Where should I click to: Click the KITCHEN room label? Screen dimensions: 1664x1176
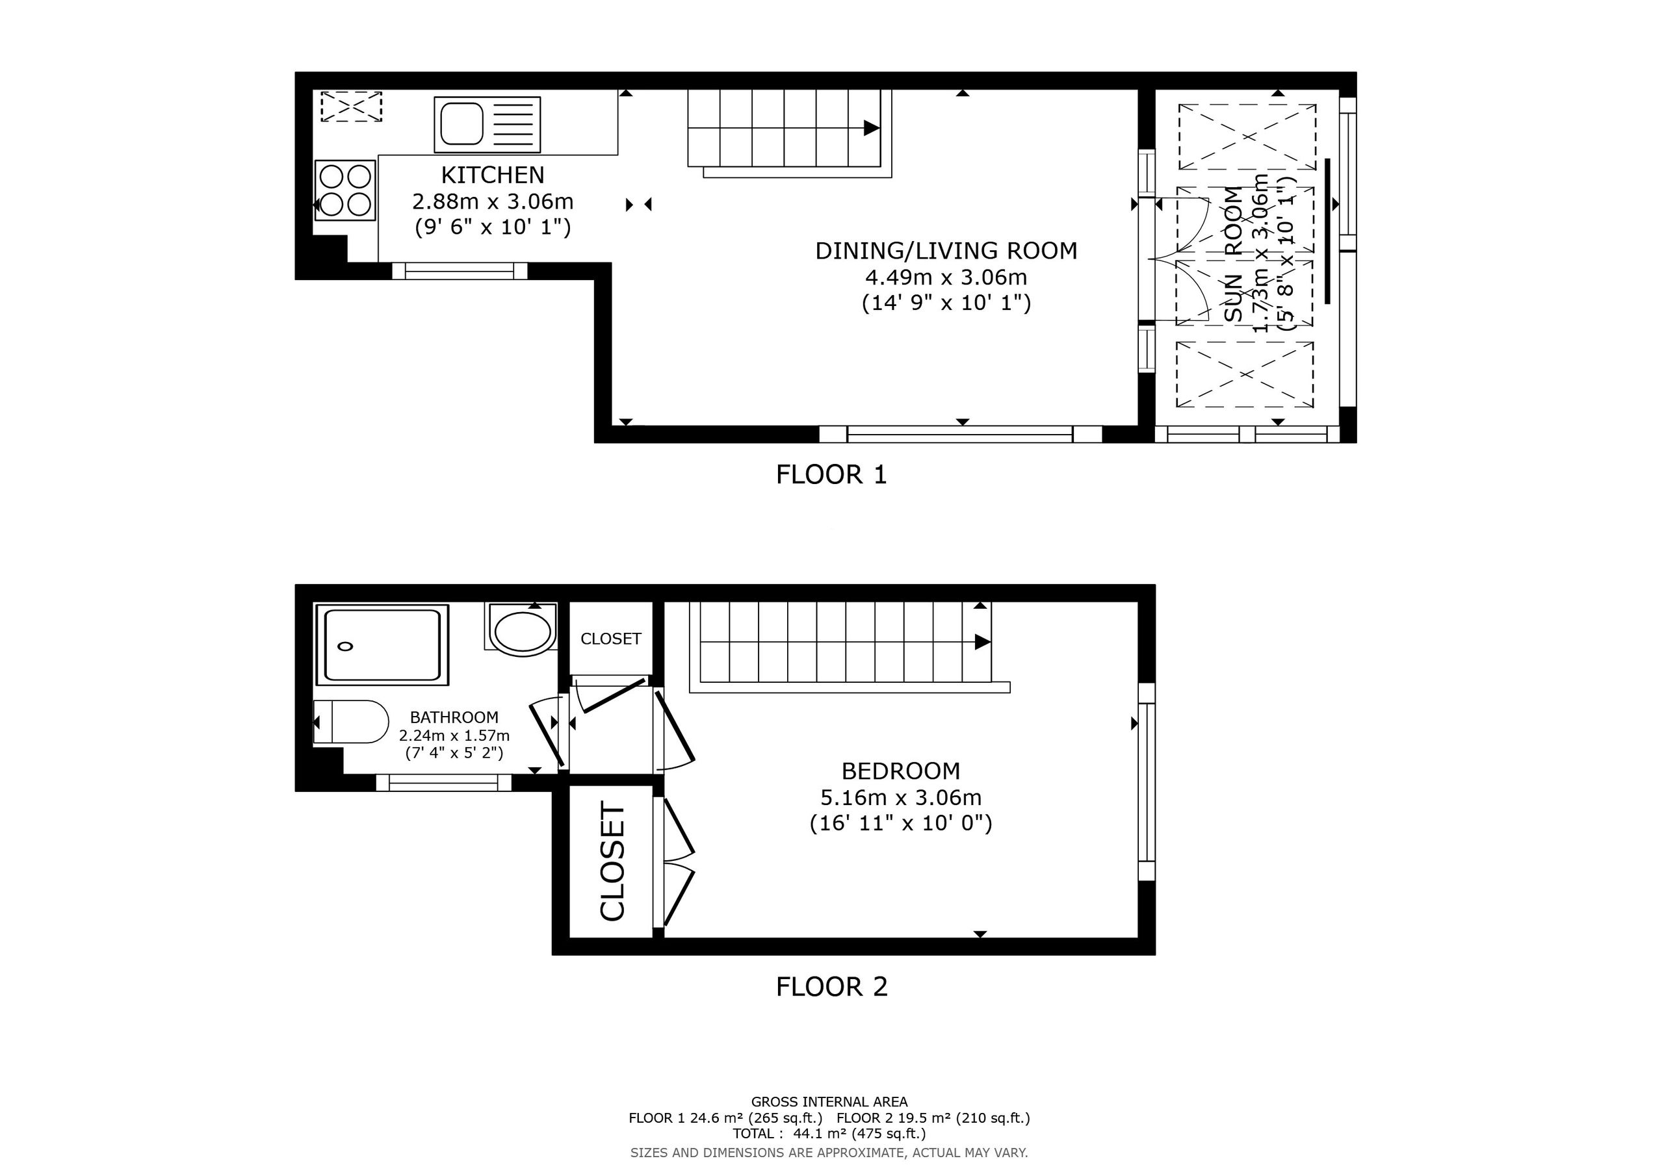coord(492,175)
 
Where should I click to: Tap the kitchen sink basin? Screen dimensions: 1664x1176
coord(460,124)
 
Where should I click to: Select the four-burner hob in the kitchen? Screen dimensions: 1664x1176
coord(345,190)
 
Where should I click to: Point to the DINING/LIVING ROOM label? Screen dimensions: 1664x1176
coord(946,251)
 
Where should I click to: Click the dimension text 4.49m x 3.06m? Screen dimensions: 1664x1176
coord(946,277)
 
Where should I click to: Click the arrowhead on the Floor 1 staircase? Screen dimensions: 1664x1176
coord(871,128)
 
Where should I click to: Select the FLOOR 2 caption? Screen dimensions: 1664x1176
coord(831,986)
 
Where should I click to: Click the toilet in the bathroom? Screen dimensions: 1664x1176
coord(352,722)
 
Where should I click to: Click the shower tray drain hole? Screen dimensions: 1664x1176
coord(346,646)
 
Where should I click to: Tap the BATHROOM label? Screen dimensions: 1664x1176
coord(454,717)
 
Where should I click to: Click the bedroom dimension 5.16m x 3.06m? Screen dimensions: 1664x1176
coord(900,798)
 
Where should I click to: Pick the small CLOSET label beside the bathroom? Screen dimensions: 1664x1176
coord(611,639)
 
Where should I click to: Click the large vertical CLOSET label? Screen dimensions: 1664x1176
coord(612,862)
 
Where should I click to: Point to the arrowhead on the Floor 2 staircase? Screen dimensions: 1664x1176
coord(983,642)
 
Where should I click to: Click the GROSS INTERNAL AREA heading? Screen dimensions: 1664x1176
coord(829,1102)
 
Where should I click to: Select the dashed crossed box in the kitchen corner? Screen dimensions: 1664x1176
coord(351,107)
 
